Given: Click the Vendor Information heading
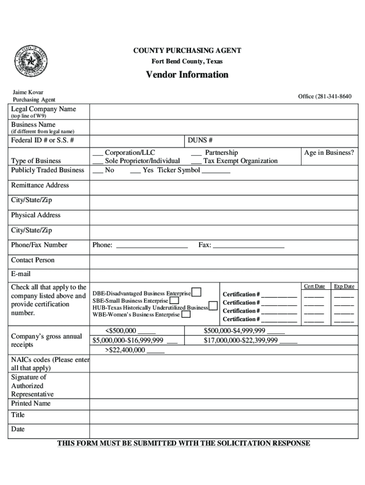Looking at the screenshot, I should click(187, 75).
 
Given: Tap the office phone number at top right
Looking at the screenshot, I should click(325, 97).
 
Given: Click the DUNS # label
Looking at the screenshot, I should click(200, 141).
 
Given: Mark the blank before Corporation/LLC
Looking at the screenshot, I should click(98, 153).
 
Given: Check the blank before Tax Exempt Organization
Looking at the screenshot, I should click(196, 162).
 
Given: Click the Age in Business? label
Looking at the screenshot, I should click(329, 153).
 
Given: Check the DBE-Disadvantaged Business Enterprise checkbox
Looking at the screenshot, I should click(196, 292).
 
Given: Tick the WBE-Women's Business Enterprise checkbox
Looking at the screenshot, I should click(186, 314).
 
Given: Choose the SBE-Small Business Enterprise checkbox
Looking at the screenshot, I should click(174, 300).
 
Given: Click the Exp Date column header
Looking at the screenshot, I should click(344, 287).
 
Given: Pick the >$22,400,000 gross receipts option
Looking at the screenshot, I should click(135, 350).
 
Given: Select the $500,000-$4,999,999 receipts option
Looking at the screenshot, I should click(244, 331).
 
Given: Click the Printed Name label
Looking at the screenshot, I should click(31, 404).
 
